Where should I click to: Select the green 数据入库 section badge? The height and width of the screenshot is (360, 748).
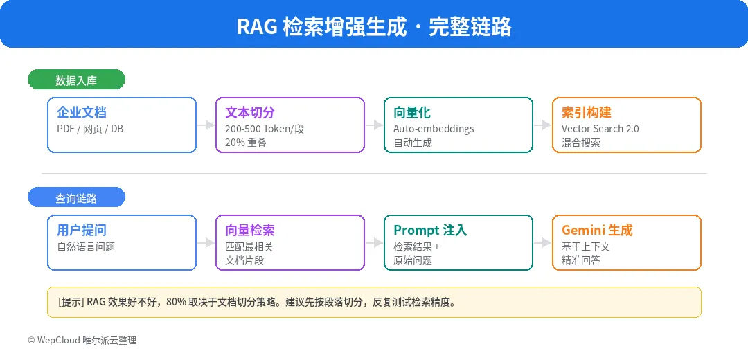pyautogui.click(x=76, y=80)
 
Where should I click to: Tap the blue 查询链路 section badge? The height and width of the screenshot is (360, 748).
pyautogui.click(x=76, y=198)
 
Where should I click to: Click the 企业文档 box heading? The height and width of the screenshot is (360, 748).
pyautogui.click(x=82, y=112)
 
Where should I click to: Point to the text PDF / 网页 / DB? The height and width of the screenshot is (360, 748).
pyautogui.click(x=90, y=129)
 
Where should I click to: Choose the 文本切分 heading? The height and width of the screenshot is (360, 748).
pyautogui.click(x=250, y=112)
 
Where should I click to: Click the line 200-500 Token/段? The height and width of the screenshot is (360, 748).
pyautogui.click(x=265, y=129)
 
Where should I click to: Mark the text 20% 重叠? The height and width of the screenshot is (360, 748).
pyautogui.click(x=246, y=143)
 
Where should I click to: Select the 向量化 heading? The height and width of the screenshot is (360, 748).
pyautogui.click(x=412, y=112)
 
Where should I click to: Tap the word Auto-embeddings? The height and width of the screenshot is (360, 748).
pyautogui.click(x=434, y=129)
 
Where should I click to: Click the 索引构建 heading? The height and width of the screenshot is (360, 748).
pyautogui.click(x=587, y=112)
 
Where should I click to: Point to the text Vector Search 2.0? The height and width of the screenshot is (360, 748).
pyautogui.click(x=600, y=129)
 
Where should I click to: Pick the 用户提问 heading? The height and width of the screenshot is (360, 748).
pyautogui.click(x=82, y=230)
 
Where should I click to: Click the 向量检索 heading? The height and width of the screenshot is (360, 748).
pyautogui.click(x=250, y=230)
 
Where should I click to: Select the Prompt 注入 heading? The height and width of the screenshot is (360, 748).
pyautogui.click(x=430, y=230)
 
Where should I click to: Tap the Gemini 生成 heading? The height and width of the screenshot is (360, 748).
pyautogui.click(x=597, y=230)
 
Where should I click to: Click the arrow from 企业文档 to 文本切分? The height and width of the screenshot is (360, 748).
pyautogui.click(x=206, y=125)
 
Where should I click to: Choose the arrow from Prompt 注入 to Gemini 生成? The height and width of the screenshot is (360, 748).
pyautogui.click(x=543, y=243)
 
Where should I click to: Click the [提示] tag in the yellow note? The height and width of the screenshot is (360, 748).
pyautogui.click(x=71, y=303)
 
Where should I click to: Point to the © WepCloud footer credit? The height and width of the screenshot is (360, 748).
pyautogui.click(x=82, y=341)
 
